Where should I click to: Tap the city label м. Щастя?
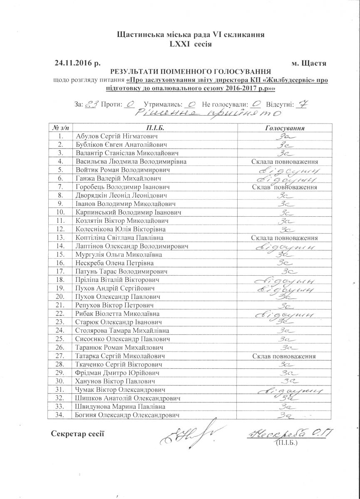pyautogui.click(x=309, y=64)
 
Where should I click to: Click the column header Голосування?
pyautogui.click(x=285, y=128)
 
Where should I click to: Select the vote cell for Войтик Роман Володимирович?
pyautogui.click(x=286, y=170)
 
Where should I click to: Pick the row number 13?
pyautogui.click(x=61, y=238)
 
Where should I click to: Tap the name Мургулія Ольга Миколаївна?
pyautogui.click(x=119, y=254)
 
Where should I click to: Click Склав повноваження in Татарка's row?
pyautogui.click(x=285, y=356)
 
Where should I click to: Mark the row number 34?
pyautogui.click(x=61, y=415)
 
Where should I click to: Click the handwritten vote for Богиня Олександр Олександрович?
pyautogui.click(x=286, y=415)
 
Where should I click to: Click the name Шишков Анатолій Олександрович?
pyautogui.click(x=129, y=398)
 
